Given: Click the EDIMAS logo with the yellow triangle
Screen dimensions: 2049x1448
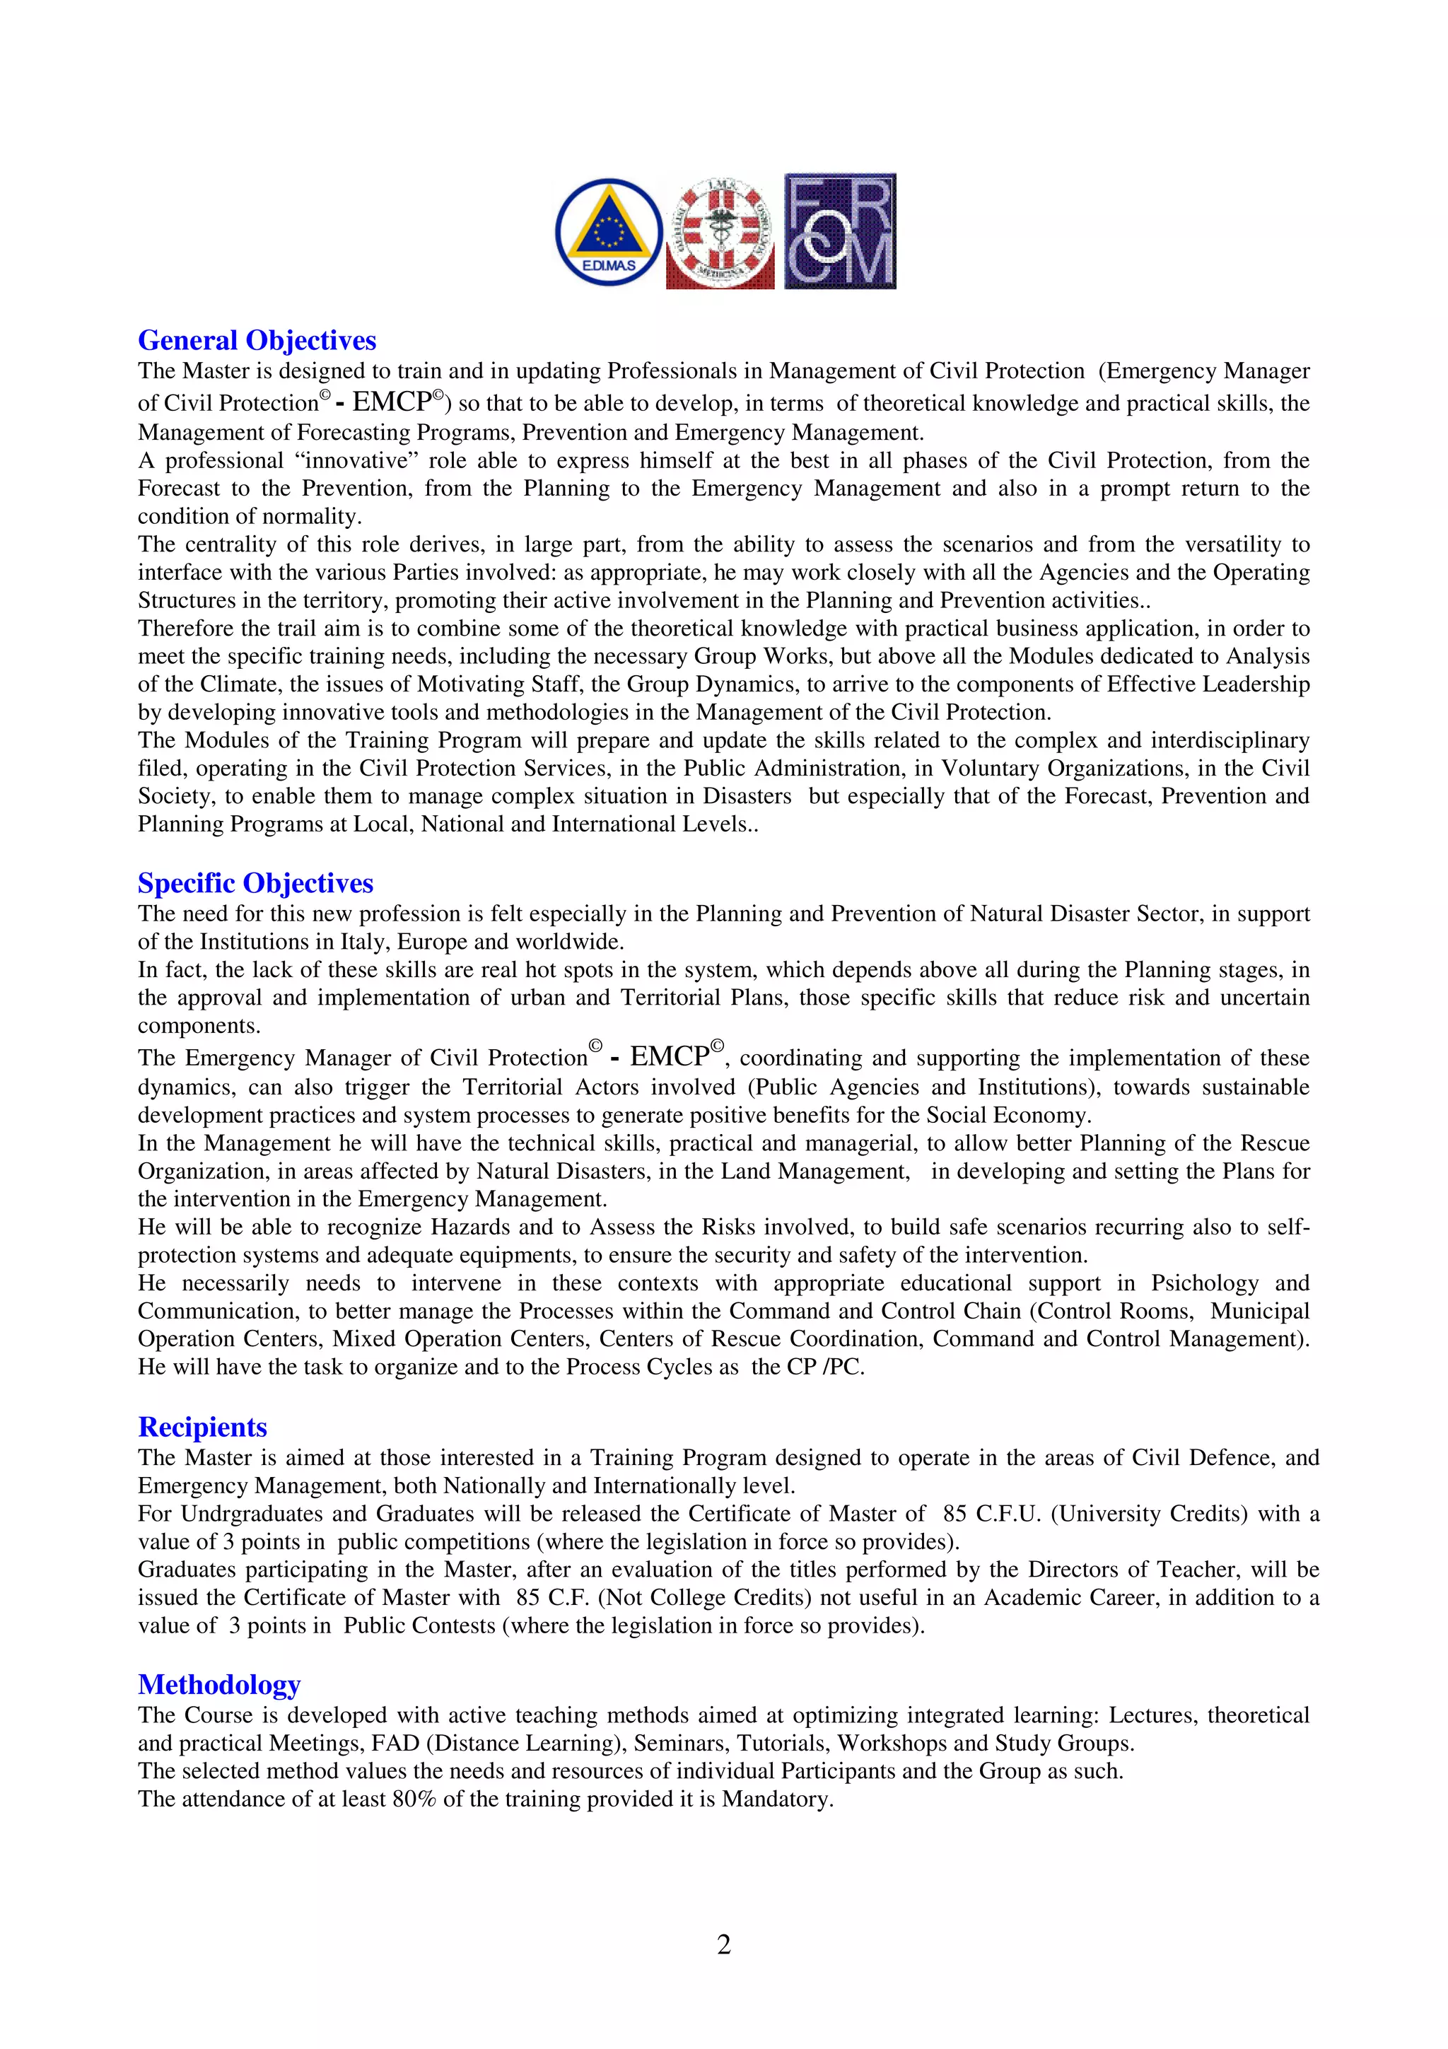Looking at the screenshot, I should [x=609, y=231].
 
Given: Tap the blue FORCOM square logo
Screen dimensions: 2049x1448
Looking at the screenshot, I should [x=839, y=231].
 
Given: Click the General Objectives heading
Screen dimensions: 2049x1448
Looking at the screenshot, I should [x=257, y=340].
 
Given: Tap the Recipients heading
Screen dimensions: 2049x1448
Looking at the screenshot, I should [x=202, y=1426].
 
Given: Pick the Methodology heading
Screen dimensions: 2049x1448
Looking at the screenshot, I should [x=218, y=1684].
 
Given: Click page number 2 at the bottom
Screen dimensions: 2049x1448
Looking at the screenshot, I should [x=723, y=1944].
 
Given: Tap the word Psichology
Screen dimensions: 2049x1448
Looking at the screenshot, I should [x=1205, y=1283].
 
